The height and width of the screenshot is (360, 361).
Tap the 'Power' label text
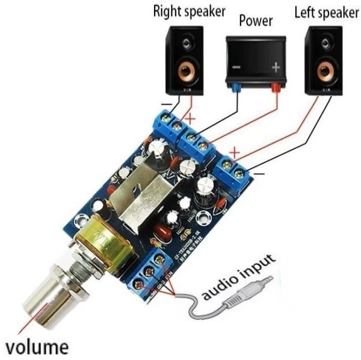[x=256, y=21]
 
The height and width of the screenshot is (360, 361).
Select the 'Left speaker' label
[x=327, y=11]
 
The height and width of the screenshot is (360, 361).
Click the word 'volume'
[x=37, y=346]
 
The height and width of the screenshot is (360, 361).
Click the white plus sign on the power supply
[x=276, y=67]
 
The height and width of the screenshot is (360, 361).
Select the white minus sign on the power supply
[x=236, y=67]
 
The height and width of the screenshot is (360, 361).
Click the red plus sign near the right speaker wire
[x=191, y=118]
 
